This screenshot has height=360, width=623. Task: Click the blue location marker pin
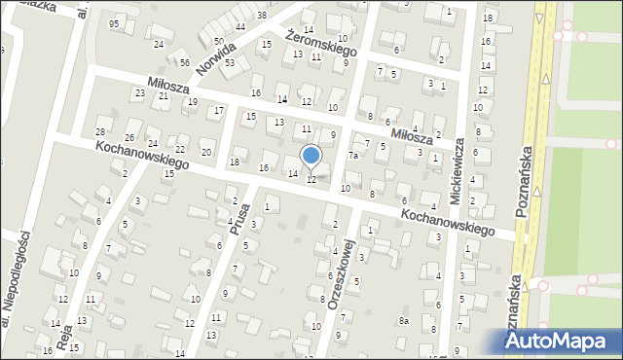[x=311, y=156]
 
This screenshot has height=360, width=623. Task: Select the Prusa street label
[x=239, y=219]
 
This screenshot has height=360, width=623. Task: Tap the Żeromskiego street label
[x=322, y=40]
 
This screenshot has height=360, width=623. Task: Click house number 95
[x=115, y=23]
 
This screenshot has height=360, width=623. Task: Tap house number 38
[x=262, y=16]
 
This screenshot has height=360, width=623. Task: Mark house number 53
[x=230, y=62]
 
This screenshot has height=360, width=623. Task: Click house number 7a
[x=355, y=155]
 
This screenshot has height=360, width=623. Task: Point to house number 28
[x=99, y=131]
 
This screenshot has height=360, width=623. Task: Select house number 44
[x=239, y=25]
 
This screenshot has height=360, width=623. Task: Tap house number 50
[x=218, y=41]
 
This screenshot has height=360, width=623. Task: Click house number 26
[x=129, y=137]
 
